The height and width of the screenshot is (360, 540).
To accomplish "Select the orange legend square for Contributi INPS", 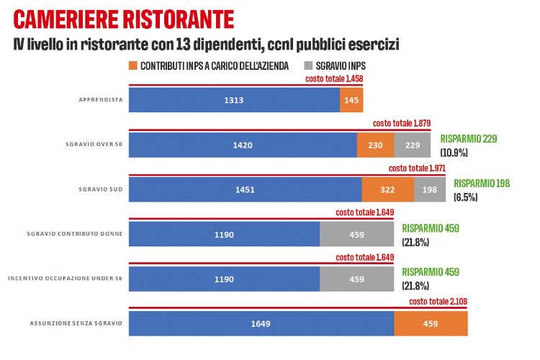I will pyautogui.click(x=133, y=66).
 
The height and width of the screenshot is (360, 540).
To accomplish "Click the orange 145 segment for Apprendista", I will pyautogui.click(x=351, y=100).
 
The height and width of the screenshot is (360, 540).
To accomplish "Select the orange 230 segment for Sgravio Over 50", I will pyautogui.click(x=375, y=145).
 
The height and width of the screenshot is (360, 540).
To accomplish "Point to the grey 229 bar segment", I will pyautogui.click(x=412, y=145).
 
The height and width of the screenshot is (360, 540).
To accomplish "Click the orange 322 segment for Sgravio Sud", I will pyautogui.click(x=387, y=189).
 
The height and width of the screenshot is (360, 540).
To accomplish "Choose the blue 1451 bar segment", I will pyautogui.click(x=245, y=189).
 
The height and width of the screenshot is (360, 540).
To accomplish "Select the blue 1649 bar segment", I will pyautogui.click(x=261, y=323).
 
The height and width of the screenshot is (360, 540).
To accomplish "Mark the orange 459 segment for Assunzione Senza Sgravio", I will pyautogui.click(x=431, y=323).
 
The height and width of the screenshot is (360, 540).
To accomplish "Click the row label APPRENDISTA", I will pyautogui.click(x=100, y=100).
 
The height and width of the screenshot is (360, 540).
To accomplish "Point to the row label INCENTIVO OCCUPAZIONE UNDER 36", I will pyautogui.click(x=65, y=279).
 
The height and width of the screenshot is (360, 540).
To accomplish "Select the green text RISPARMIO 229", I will pyautogui.click(x=469, y=139).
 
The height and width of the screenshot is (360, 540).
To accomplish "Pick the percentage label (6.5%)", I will pyautogui.click(x=466, y=197).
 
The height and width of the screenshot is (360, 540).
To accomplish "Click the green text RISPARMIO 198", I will pyautogui.click(x=482, y=184).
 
